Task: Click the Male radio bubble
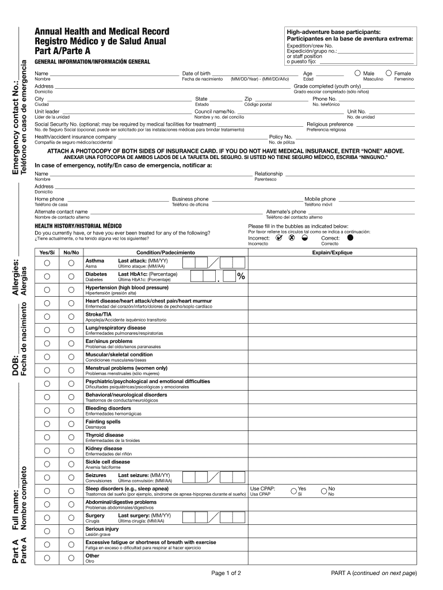[358, 73]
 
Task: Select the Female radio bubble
[389, 73]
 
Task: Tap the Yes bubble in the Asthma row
[47, 263]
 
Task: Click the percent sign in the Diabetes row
[240, 277]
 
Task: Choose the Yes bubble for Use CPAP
[293, 491]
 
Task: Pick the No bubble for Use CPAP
[324, 491]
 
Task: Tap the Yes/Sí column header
[47, 252]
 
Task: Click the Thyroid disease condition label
[105, 435]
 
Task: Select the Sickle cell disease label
[108, 462]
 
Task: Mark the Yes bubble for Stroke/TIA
[47, 316]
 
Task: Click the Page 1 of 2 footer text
[226, 573]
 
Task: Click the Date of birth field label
[196, 74]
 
